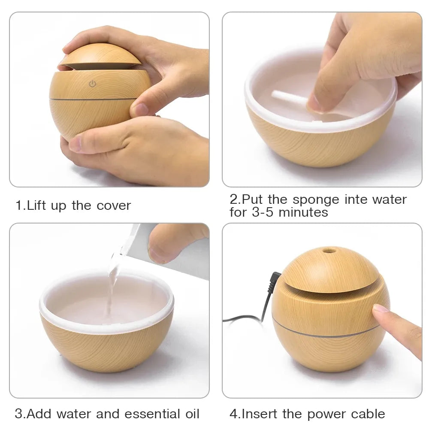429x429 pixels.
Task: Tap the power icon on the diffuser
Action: coord(92,84)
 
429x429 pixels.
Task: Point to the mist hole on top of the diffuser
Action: coord(329,250)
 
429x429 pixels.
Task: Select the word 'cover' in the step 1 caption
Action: coord(114,205)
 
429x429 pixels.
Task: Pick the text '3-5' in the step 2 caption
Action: coord(263,212)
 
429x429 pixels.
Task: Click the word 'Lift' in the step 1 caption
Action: coord(37,205)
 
